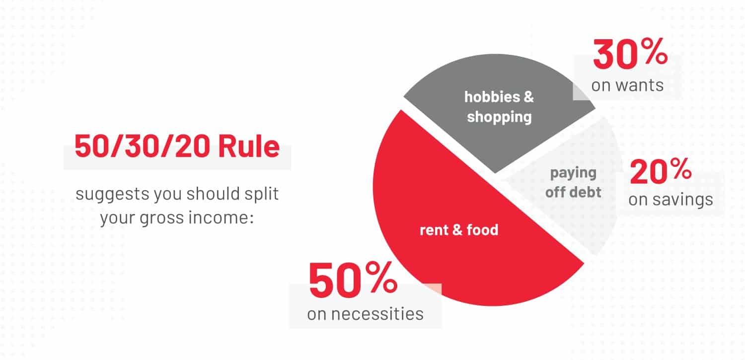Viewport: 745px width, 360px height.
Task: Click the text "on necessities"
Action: click(365, 314)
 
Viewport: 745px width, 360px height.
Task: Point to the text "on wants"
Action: click(627, 85)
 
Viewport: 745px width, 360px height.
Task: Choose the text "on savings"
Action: click(670, 200)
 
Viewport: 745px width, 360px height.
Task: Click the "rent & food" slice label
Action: click(459, 230)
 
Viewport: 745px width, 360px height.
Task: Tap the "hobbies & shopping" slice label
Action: click(499, 107)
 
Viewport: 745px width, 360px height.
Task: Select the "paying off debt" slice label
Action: click(573, 182)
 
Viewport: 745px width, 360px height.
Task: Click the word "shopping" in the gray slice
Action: click(499, 117)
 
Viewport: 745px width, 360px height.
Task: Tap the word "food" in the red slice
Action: click(482, 230)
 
